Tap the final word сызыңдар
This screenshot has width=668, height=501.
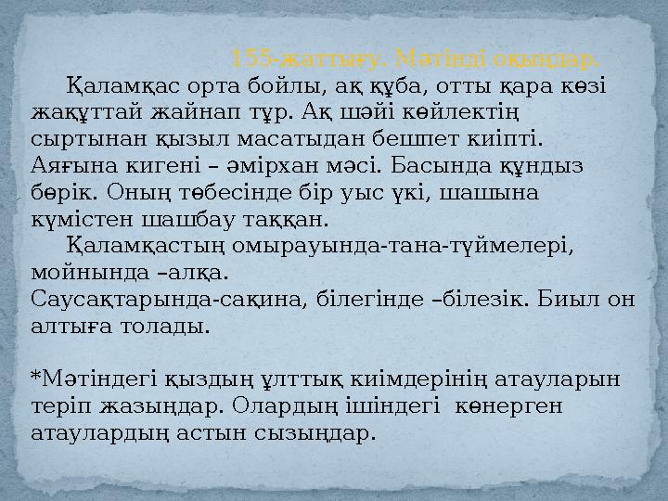tap(325, 433)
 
